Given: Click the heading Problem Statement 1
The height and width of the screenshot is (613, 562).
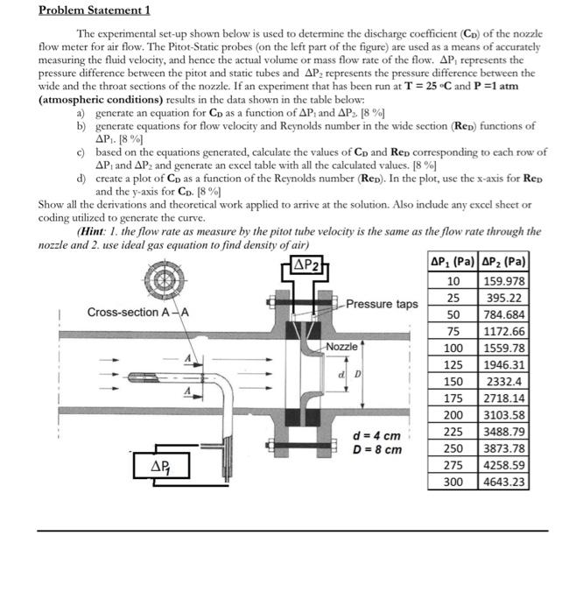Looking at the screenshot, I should click(95, 11).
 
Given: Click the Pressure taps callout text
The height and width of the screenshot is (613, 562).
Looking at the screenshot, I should click(382, 304).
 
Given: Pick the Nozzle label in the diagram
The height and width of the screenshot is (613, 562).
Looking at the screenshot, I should click(341, 347).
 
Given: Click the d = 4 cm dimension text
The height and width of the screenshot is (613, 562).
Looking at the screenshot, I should click(377, 435).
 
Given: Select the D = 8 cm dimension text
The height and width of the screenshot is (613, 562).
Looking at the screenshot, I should click(377, 450).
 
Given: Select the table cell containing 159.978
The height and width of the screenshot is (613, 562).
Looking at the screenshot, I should click(505, 281).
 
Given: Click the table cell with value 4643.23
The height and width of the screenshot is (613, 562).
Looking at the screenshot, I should click(505, 482).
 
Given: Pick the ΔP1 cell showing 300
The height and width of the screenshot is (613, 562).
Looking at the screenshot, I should click(453, 482).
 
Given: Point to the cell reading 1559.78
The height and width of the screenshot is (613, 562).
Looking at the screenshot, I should click(505, 348).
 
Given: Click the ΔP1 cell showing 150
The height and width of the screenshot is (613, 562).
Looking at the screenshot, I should click(453, 381).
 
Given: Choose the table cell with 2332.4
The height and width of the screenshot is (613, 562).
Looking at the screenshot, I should click(505, 381).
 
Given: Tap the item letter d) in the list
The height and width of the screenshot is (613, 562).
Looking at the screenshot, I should click(81, 179).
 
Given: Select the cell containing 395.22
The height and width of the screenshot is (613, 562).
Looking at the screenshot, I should click(505, 298).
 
